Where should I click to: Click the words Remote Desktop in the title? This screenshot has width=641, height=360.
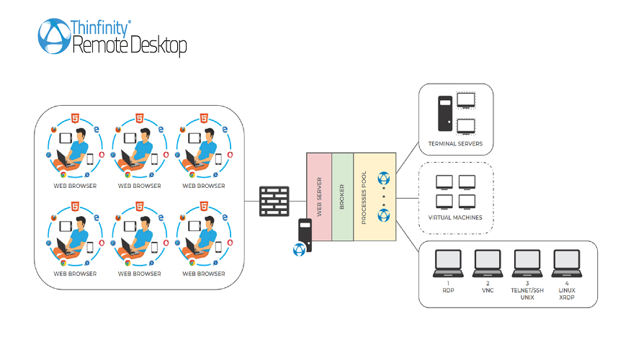pyautogui.click(x=130, y=46)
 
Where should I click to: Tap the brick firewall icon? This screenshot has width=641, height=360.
pyautogui.click(x=274, y=201)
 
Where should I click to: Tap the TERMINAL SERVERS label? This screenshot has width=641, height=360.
pyautogui.click(x=455, y=143)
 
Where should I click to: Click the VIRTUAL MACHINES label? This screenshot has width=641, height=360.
pyautogui.click(x=455, y=217)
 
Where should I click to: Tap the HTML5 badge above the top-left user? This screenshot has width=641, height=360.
pyautogui.click(x=75, y=117)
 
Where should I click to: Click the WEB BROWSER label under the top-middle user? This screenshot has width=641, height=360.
pyautogui.click(x=139, y=186)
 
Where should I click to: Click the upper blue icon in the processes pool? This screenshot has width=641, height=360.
pyautogui.click(x=383, y=178)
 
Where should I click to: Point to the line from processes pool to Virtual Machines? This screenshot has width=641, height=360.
pyautogui.click(x=408, y=198)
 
